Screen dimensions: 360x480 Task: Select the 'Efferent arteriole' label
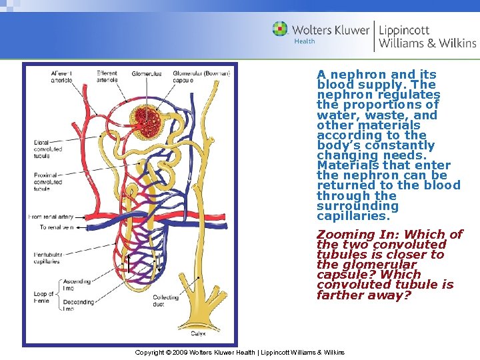(107, 77)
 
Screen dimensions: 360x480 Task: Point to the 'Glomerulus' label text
(147, 73)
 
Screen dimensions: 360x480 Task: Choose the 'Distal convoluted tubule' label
(49, 149)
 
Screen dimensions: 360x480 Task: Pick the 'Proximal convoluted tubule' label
(49, 182)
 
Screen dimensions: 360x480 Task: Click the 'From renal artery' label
(51, 217)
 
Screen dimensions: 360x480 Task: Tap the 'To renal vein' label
(56, 227)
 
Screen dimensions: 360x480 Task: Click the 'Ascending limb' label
(77, 285)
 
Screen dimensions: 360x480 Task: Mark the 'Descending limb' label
(79, 305)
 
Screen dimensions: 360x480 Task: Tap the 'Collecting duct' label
(166, 301)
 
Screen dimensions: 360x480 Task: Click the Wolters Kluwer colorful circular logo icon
(280, 29)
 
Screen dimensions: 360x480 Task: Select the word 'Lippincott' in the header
(404, 30)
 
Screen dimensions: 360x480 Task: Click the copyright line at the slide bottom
(239, 352)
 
